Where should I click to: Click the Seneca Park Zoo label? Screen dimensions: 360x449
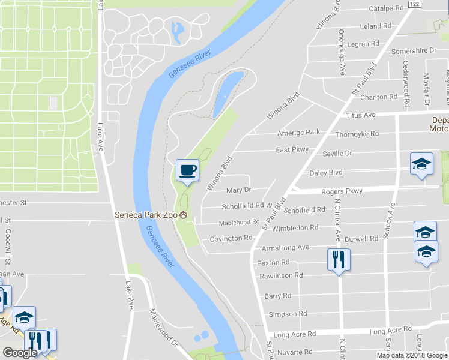[x=147, y=215]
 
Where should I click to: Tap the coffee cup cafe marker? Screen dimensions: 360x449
[x=188, y=170]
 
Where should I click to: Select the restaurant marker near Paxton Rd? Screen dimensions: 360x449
[x=338, y=260]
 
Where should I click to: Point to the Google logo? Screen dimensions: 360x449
[x=20, y=352]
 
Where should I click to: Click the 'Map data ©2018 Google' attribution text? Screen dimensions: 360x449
[x=412, y=355]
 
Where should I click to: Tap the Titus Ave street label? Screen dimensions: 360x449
[x=360, y=115]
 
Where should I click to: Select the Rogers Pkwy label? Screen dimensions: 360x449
[x=342, y=191]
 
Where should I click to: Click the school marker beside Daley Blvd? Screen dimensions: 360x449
[x=421, y=164]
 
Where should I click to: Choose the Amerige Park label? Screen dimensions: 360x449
[x=298, y=133]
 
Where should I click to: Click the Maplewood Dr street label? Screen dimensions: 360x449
[x=163, y=329]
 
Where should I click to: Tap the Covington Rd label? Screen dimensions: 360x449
[x=231, y=239]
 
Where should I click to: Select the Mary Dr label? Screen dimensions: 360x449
[x=238, y=190]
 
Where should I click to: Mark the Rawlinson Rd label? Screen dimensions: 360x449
[x=281, y=275]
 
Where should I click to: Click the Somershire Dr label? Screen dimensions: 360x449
[x=414, y=52]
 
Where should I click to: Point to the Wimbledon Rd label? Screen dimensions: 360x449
[x=295, y=228]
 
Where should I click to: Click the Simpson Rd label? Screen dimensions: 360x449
[x=288, y=314]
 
